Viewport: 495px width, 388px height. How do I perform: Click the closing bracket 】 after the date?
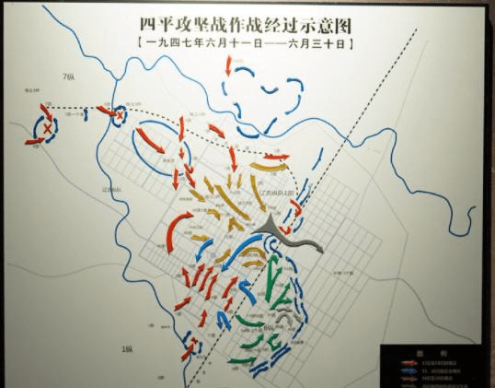click(354, 43)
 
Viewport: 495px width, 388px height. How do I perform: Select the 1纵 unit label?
click(128, 349)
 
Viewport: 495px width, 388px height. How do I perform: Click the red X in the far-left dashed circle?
click(47, 129)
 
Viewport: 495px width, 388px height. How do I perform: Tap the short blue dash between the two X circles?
click(84, 114)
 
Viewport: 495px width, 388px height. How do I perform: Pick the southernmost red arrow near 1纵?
click(190, 350)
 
